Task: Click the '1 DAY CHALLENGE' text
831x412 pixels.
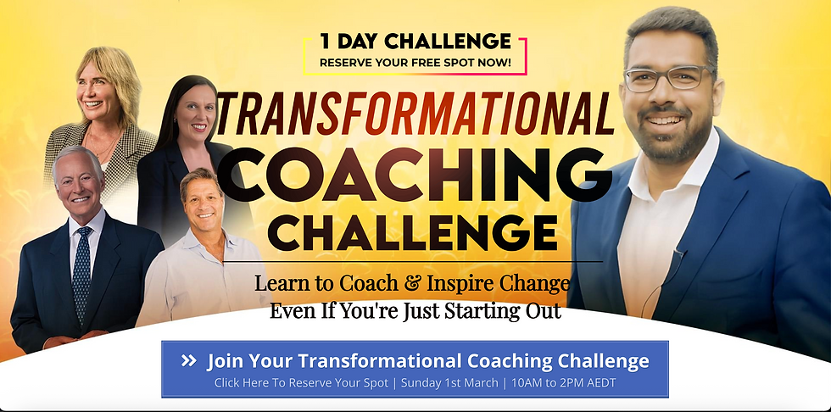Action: (x=415, y=41)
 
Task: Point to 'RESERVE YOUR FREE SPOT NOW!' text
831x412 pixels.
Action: (x=415, y=62)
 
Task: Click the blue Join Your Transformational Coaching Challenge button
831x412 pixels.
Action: (x=415, y=369)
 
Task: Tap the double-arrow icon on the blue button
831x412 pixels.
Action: (x=189, y=361)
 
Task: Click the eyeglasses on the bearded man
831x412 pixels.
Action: (x=667, y=78)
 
